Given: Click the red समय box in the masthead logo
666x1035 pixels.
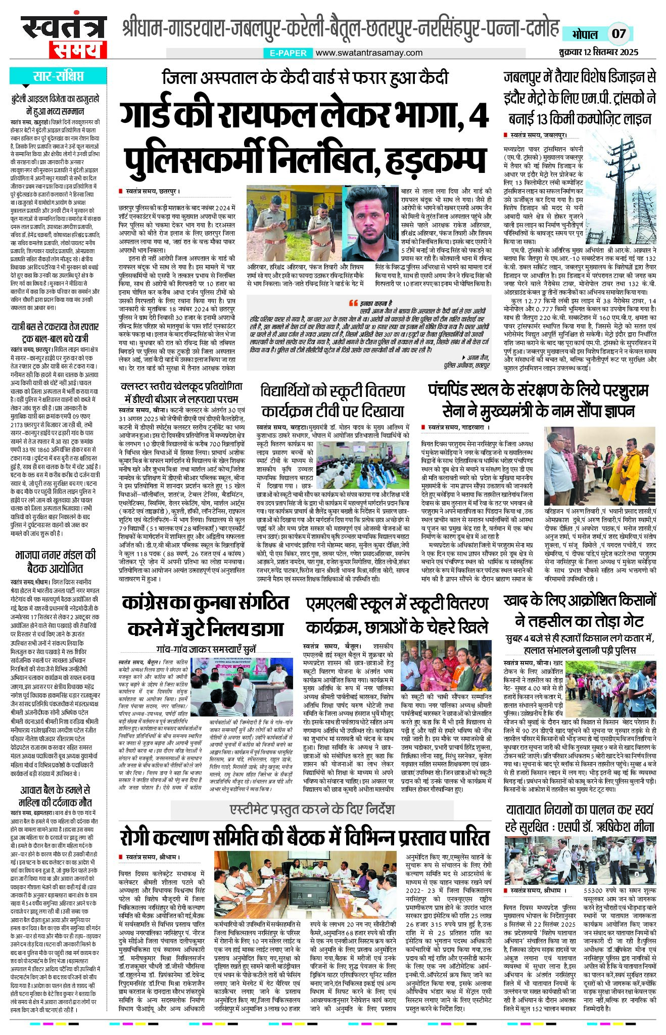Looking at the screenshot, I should point(78,50).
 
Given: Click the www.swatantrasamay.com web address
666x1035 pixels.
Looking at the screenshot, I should point(369,53).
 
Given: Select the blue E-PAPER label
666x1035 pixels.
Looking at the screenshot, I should point(288,53).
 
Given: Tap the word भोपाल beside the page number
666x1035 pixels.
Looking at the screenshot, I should point(585,34).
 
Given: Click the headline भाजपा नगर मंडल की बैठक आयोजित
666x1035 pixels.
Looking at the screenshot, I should point(55,561).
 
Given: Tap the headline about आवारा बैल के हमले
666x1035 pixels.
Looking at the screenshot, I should point(55,796).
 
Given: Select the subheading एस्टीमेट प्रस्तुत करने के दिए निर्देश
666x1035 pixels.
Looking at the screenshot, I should point(312,809).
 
